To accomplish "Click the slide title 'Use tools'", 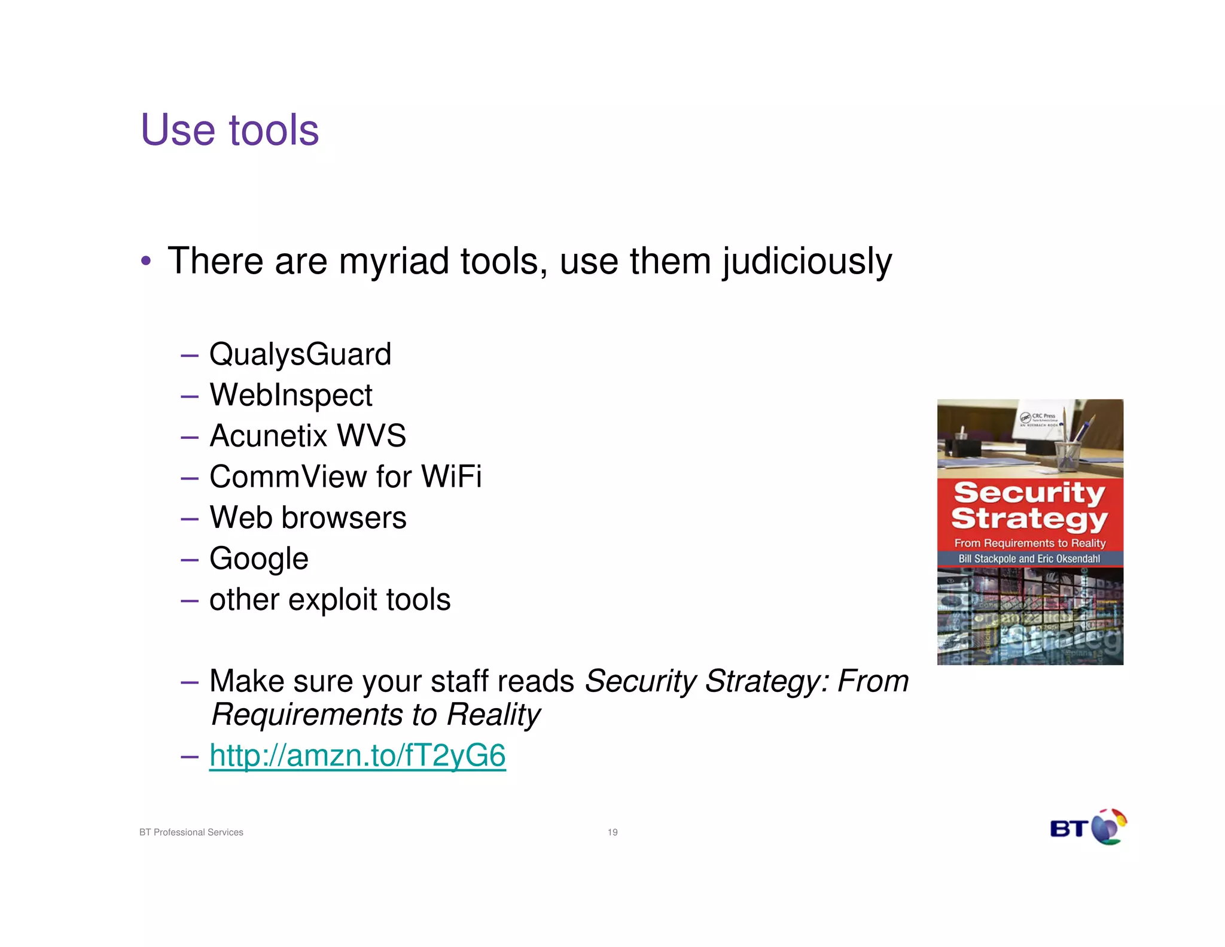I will (230, 130).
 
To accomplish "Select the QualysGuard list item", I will (300, 354).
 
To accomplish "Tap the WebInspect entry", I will (291, 395).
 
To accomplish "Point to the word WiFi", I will (451, 477).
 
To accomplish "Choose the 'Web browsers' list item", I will (307, 518).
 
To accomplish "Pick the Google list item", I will (258, 559).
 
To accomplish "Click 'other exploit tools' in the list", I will (330, 600).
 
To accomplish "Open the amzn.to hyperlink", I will (357, 755).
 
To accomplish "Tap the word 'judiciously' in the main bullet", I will (807, 262).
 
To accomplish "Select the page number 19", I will (612, 832).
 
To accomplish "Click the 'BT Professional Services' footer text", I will (191, 832).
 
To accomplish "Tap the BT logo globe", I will (1108, 827).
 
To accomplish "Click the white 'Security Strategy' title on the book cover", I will (1029, 506).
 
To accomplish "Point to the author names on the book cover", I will (1029, 559).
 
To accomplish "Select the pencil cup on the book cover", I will (1068, 454).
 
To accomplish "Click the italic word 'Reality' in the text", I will (493, 715).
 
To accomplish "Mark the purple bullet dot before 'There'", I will (146, 262).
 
